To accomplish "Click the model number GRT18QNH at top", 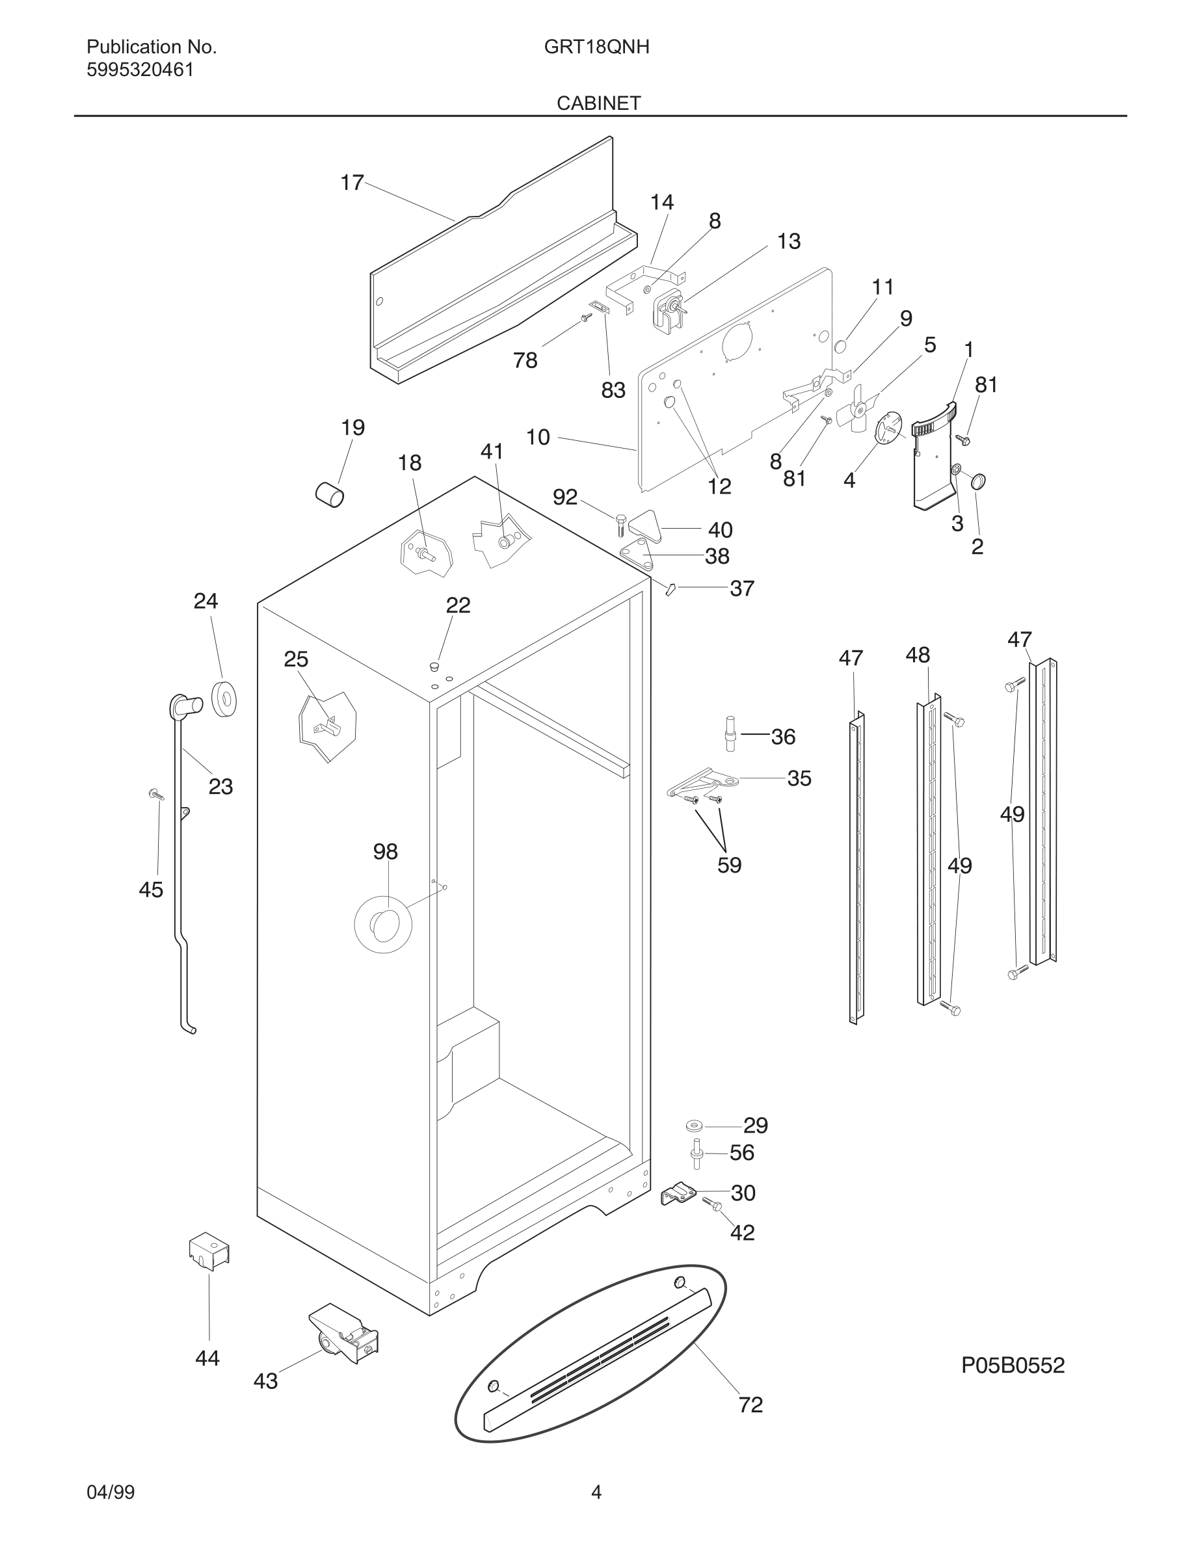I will click(596, 47).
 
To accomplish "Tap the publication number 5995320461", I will click(140, 70).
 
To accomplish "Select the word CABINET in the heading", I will click(598, 103).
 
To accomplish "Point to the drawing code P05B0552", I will click(1012, 1366).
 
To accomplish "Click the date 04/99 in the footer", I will click(111, 1492).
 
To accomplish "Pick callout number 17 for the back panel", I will click(352, 183).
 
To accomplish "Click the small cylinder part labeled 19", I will click(330, 494).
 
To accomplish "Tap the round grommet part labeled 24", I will click(225, 700).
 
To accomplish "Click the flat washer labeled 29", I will click(694, 1126).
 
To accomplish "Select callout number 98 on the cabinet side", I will click(386, 852).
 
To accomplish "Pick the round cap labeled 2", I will click(978, 482).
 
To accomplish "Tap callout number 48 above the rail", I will click(918, 655).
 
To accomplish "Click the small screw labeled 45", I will click(156, 795).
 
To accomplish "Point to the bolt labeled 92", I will click(620, 525).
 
